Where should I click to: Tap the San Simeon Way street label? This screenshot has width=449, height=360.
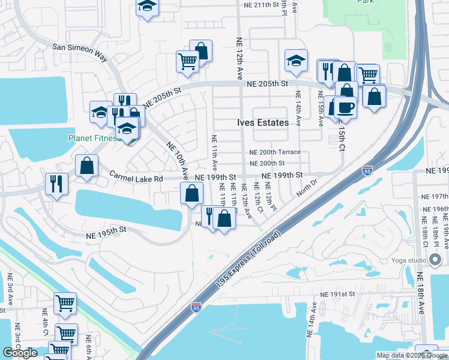[x=80, y=52]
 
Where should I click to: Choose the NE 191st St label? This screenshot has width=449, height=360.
[x=337, y=295]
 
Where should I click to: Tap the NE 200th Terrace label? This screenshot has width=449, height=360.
[x=274, y=152]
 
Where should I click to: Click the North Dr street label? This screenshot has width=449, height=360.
[x=306, y=187]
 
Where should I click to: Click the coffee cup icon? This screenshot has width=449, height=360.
[x=346, y=108]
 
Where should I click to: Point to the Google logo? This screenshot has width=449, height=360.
[x=20, y=353]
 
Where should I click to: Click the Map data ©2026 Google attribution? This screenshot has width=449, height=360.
[x=412, y=355]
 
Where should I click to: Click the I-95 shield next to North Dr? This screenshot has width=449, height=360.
[x=366, y=170]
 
